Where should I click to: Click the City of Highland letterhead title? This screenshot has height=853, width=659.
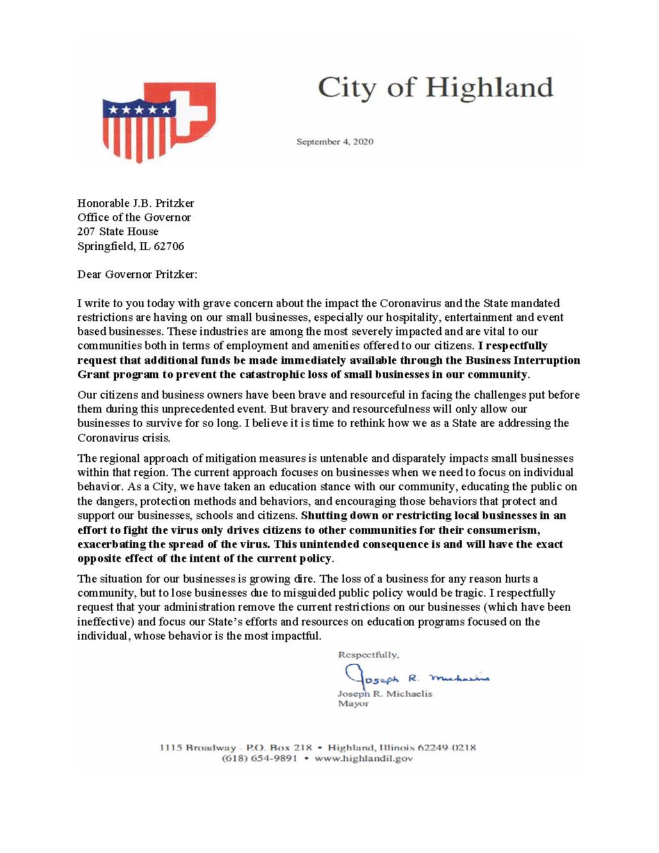[x=435, y=88]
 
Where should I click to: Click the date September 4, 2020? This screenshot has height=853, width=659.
[x=334, y=142]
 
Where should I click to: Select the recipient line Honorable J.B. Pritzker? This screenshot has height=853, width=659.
[x=136, y=203]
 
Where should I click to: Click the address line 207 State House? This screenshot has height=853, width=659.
[x=118, y=231]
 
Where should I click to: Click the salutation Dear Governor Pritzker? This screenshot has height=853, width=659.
[x=137, y=274]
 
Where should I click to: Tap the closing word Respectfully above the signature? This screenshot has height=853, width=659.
[x=368, y=654]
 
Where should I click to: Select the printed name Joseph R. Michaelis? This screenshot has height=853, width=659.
[x=385, y=693]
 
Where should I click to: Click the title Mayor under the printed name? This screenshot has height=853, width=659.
[x=353, y=703]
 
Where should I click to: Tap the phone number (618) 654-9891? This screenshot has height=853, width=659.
[x=259, y=758]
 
